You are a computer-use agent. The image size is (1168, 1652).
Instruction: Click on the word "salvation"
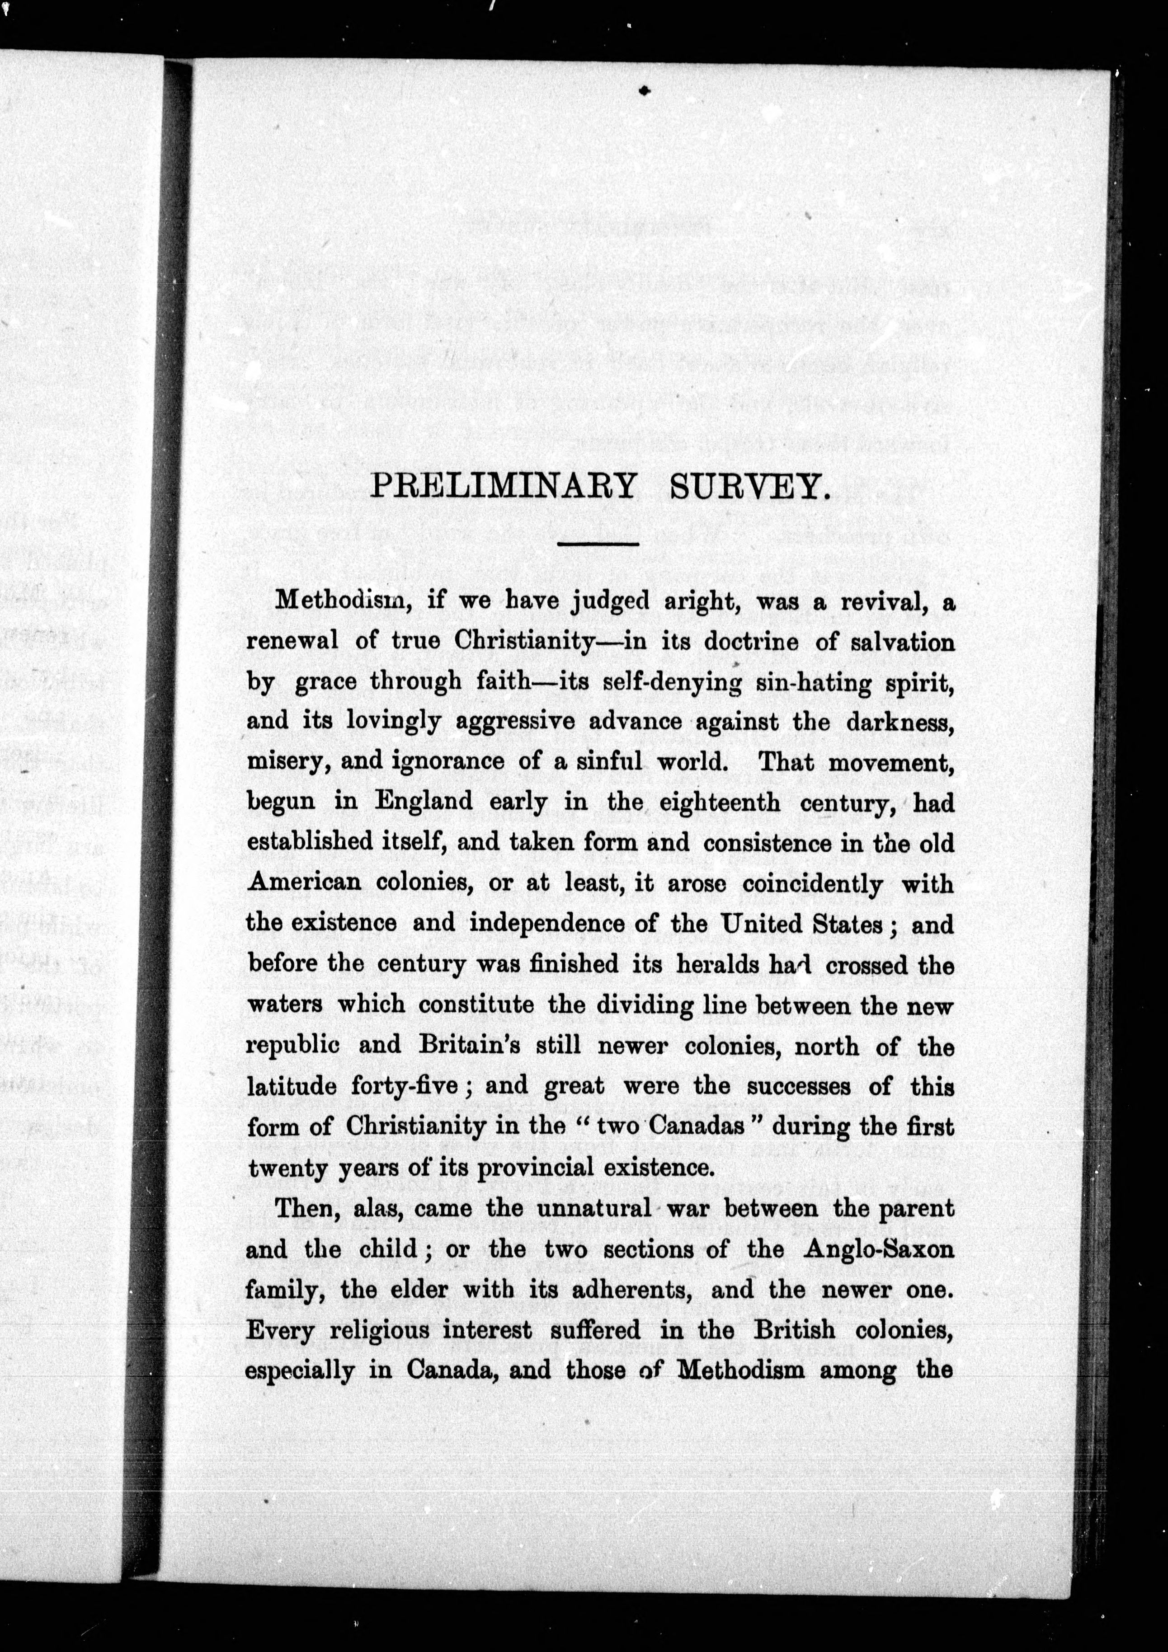903,642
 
